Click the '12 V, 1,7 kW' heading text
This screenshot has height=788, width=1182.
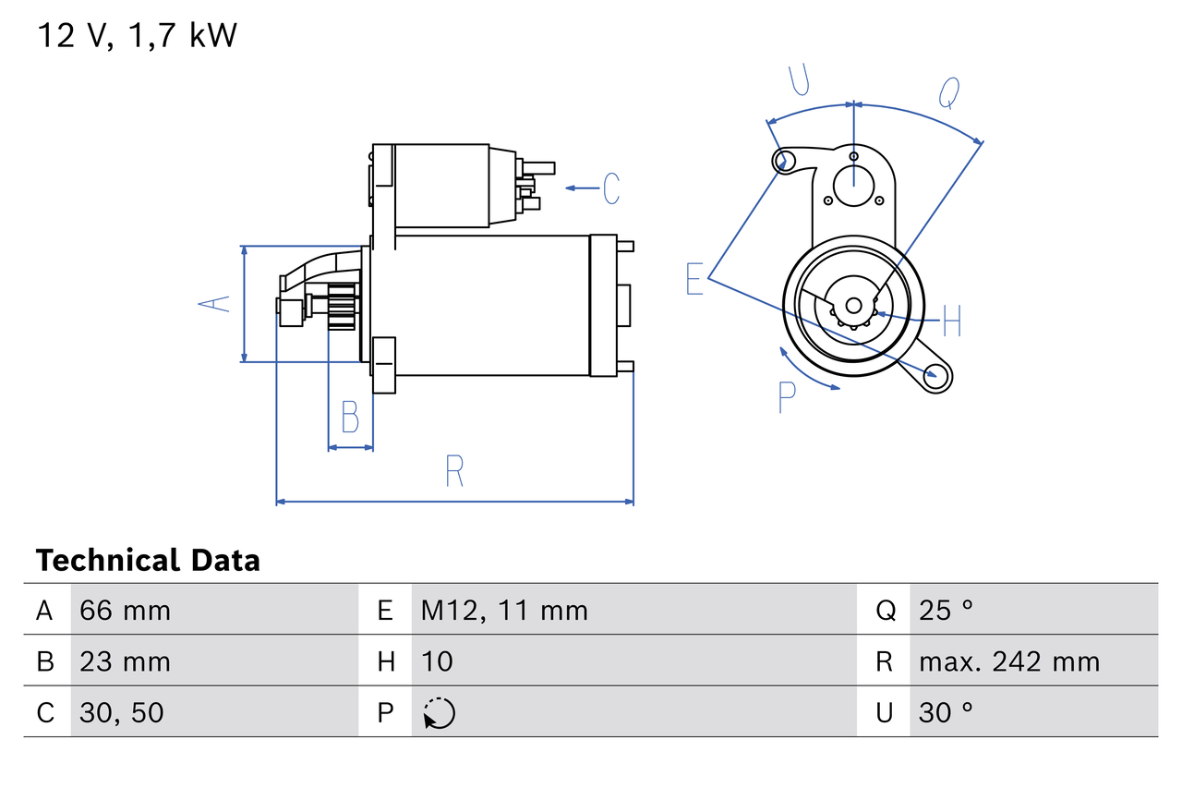(137, 36)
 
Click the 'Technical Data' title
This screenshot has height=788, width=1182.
(148, 561)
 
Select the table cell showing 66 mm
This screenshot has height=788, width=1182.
(125, 610)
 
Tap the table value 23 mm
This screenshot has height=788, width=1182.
(125, 661)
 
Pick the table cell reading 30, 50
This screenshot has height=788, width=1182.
(122, 712)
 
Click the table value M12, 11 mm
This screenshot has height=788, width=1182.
(504, 610)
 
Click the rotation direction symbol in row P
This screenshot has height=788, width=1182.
(439, 713)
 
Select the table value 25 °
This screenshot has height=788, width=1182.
(946, 610)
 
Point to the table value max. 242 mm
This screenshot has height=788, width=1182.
(1009, 661)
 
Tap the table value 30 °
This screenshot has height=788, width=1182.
(946, 712)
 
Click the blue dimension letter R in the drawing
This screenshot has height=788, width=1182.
(453, 471)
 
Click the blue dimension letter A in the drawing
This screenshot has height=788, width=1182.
(215, 304)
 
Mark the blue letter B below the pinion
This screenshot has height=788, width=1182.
(350, 418)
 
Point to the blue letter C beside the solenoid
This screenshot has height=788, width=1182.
(611, 188)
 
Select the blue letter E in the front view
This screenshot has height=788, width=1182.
(694, 279)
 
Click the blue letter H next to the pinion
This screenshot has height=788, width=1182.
(951, 321)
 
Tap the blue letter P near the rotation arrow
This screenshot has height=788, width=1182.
(787, 397)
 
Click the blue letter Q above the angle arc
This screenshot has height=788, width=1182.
(949, 93)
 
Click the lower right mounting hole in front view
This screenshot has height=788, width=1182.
(937, 374)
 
